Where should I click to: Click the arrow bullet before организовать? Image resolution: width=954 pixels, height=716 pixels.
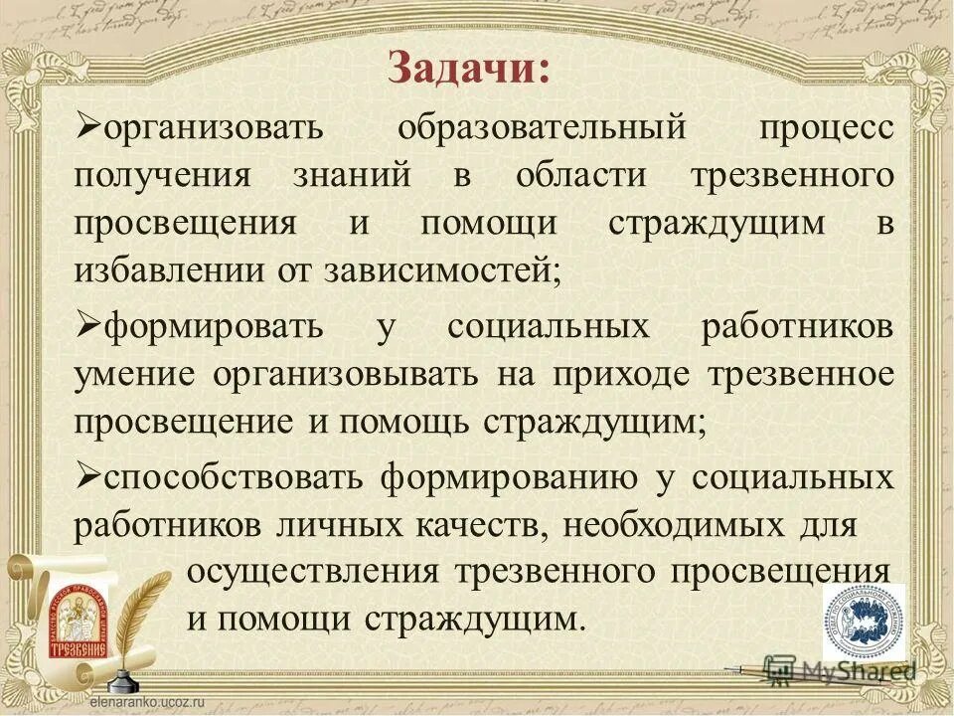86,127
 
